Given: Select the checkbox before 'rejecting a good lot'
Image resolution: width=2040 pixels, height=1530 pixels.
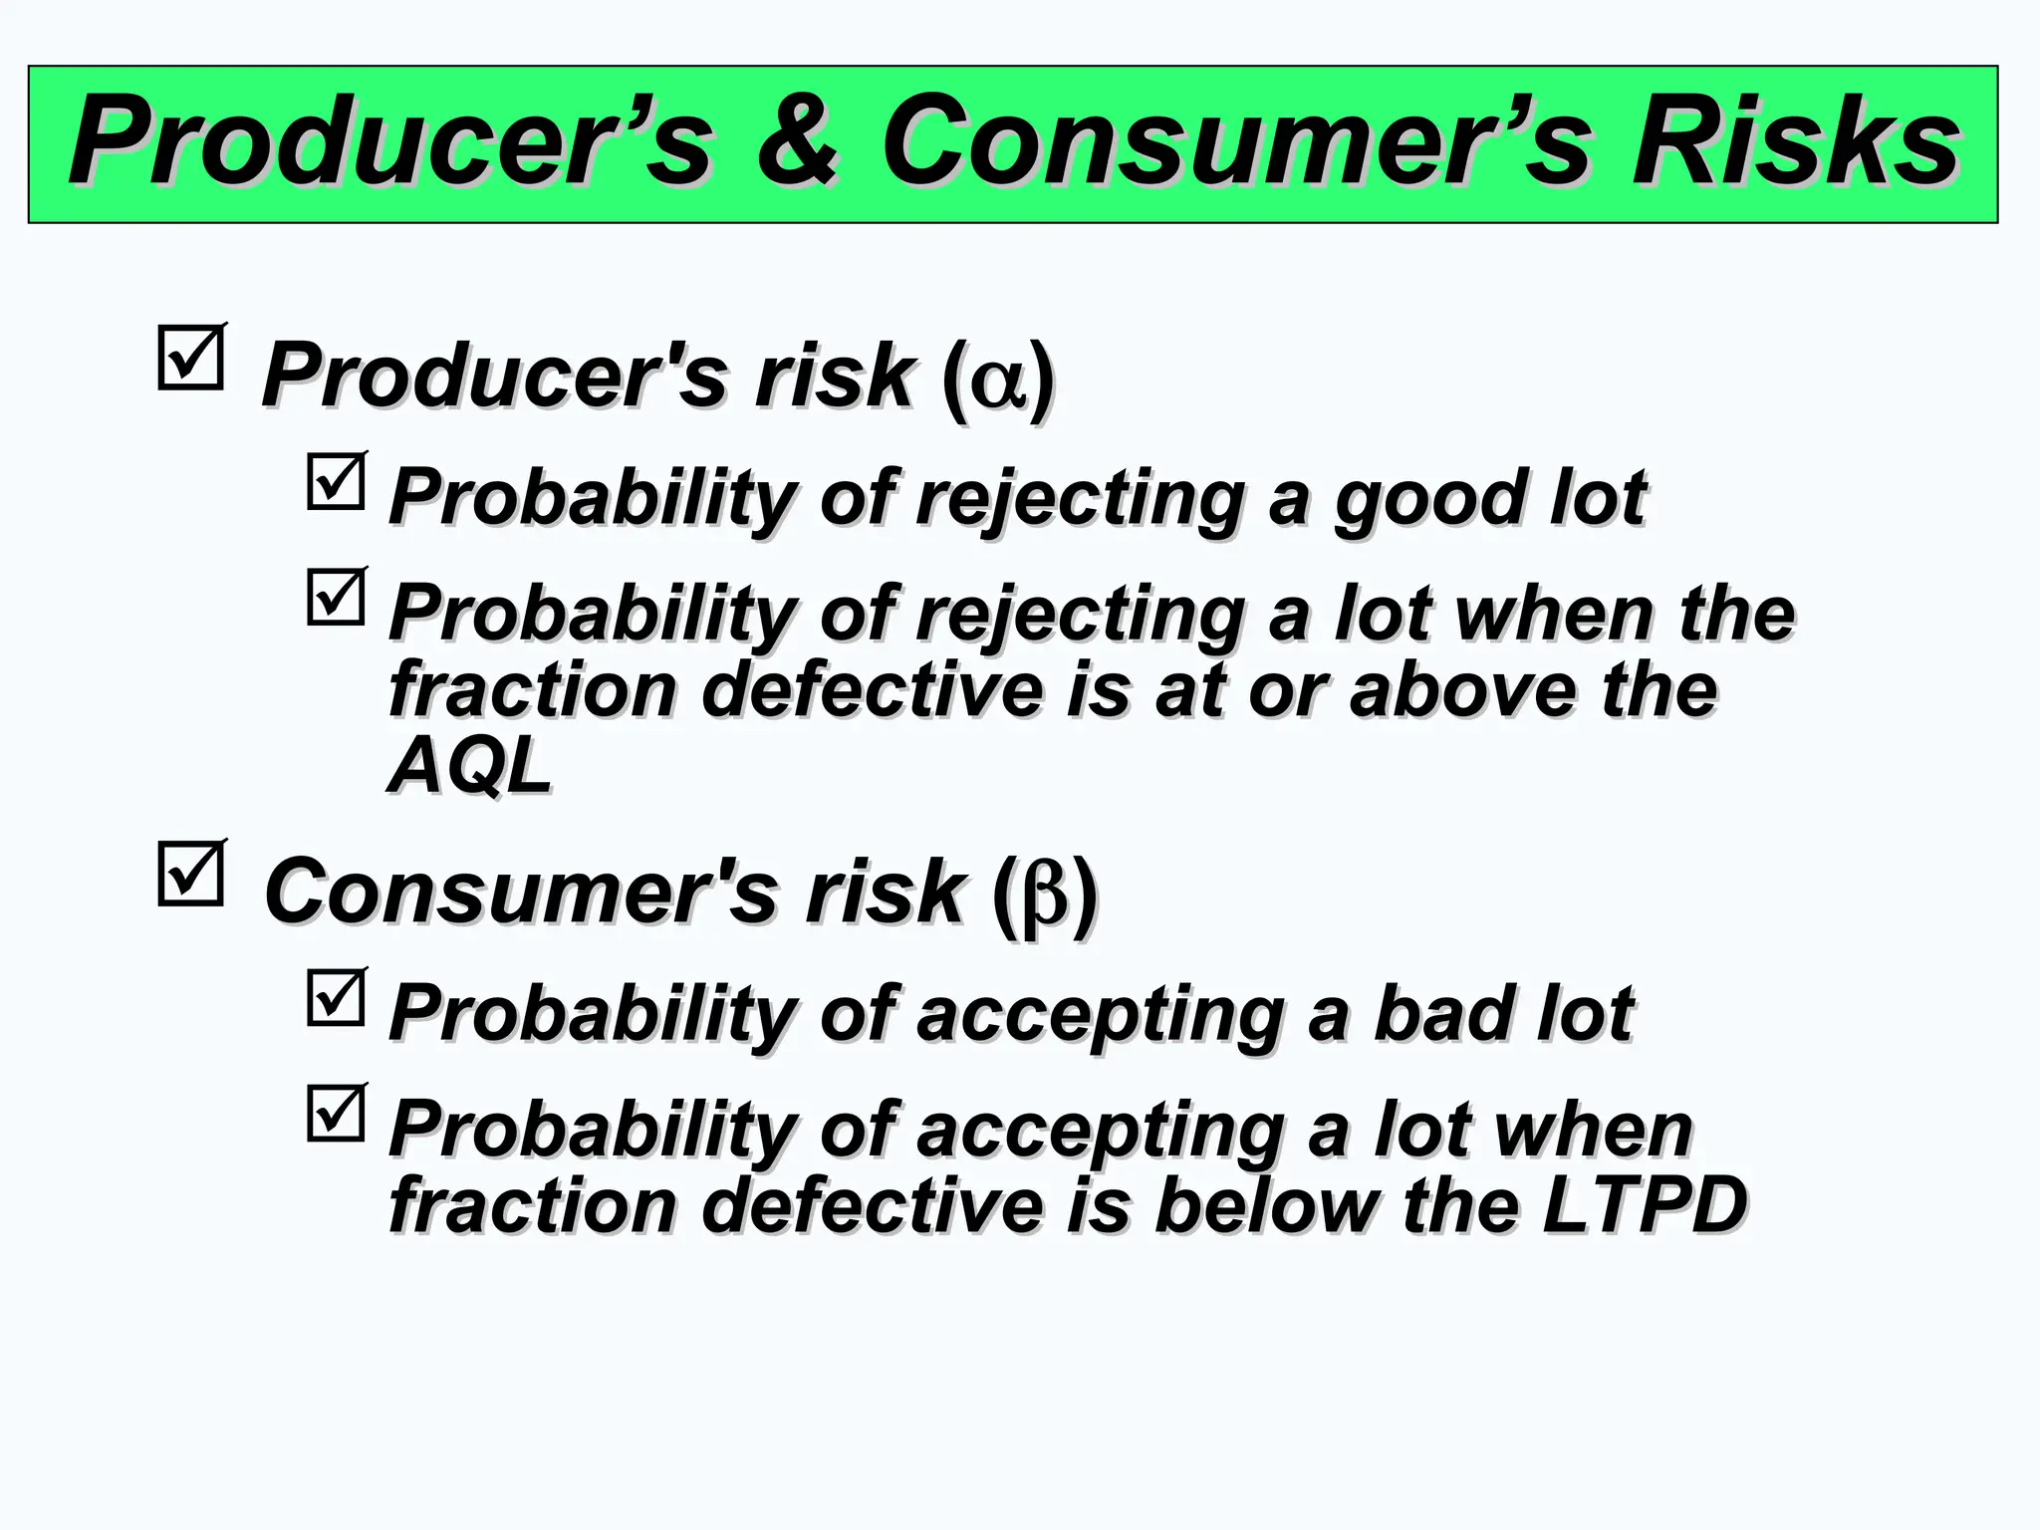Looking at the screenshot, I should pos(336,482).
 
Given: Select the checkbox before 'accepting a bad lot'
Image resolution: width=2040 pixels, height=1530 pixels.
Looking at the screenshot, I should pos(336,998).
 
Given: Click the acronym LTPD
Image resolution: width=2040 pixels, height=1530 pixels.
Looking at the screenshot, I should pos(1644,1205).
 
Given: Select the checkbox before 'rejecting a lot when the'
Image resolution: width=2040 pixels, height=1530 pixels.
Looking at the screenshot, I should pos(336,598).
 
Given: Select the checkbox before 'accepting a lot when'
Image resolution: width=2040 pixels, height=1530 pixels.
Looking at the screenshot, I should pos(336,1114).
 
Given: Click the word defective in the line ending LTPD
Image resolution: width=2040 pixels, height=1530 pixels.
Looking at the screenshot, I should pos(873,1205).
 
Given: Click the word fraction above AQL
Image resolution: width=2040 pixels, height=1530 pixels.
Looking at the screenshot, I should pos(532,690).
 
